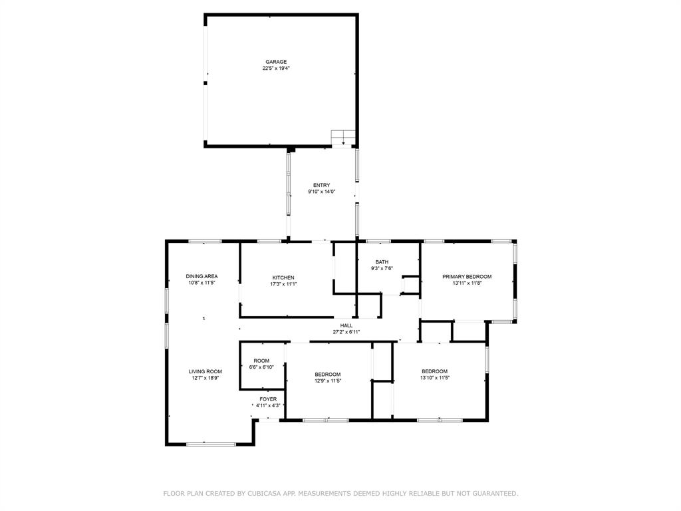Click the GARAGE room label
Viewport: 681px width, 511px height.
[x=276, y=62]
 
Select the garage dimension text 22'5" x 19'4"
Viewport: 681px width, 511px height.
[x=276, y=68]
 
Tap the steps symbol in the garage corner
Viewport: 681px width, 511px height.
[x=343, y=137]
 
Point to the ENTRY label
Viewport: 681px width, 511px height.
[x=321, y=185]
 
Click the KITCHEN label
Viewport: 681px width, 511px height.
[x=283, y=277]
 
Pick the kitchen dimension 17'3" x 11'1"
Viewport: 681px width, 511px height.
[x=283, y=284]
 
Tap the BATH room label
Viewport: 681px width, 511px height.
[x=382, y=262]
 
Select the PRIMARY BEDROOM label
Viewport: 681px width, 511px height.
[x=467, y=277]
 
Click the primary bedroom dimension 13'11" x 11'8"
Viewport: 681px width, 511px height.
[x=467, y=283]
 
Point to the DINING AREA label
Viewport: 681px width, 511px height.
[x=202, y=276]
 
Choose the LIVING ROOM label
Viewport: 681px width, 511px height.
[x=205, y=371]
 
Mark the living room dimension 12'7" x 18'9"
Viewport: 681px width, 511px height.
[x=205, y=378]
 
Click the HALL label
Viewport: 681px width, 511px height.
[x=346, y=325]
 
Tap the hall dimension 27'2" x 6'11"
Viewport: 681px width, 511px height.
[x=346, y=331]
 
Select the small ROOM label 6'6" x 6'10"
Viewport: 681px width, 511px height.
[x=261, y=361]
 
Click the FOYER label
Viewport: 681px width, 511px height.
[x=268, y=399]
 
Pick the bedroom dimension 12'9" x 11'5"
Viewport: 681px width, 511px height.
[x=328, y=381]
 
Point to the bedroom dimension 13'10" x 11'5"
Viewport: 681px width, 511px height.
[x=434, y=378]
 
